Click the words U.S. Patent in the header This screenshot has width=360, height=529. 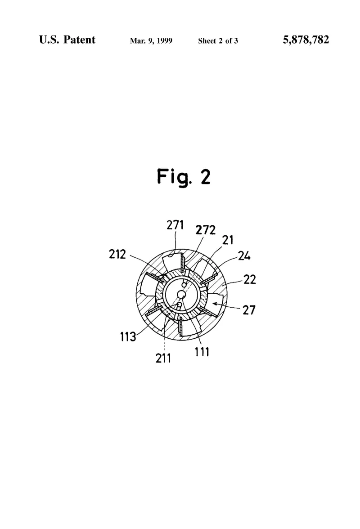pos(67,40)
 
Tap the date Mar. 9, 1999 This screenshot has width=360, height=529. pos(151,41)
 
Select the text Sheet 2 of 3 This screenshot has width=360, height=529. pos(218,41)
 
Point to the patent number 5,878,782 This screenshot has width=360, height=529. pos(306,40)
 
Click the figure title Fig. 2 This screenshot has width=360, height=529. pos(184,176)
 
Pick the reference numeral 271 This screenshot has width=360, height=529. pos(175,225)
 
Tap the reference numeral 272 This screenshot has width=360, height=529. pos(206,230)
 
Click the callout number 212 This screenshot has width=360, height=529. pos(117,254)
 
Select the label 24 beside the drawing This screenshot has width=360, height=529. pos(244,256)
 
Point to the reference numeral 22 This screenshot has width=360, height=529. pos(250,279)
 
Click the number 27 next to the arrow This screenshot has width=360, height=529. pos(249,309)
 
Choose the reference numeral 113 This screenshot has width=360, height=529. pos(128,336)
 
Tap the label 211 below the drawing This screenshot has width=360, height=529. pos(163,358)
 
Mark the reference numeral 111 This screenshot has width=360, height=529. pos(202,352)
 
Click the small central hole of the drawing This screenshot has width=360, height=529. pos(182,295)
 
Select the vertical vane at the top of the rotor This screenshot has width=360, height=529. pos(182,263)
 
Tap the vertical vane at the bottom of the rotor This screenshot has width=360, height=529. pos(180,326)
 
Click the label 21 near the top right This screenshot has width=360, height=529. pos(228,240)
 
